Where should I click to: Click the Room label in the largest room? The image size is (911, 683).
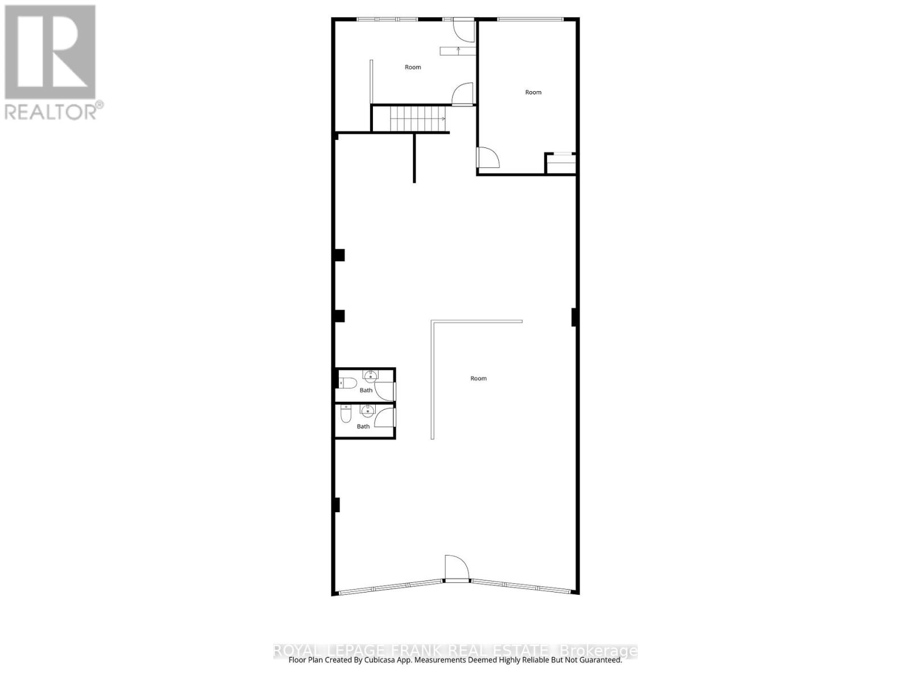click(x=478, y=378)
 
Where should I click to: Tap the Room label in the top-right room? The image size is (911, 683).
click(x=533, y=92)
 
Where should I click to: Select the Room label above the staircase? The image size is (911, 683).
click(x=413, y=67)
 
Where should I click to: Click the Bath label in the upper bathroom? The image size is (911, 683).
click(x=366, y=390)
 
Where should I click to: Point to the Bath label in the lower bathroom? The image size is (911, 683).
click(x=363, y=426)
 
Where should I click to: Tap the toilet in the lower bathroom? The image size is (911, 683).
click(x=346, y=415)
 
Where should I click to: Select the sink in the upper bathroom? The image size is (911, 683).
click(x=370, y=375)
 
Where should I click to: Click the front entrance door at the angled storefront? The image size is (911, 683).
click(x=457, y=569)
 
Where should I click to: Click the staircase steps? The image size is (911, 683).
click(x=417, y=119)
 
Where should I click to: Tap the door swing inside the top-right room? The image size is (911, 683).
click(x=488, y=158)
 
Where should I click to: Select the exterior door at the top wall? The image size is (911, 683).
click(x=463, y=31)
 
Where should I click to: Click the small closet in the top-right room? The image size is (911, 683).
click(x=561, y=164)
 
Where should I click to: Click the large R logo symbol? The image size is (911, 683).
click(x=50, y=52)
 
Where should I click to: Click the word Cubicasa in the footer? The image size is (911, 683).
click(x=400, y=660)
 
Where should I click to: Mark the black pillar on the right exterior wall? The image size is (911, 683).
click(x=574, y=317)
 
